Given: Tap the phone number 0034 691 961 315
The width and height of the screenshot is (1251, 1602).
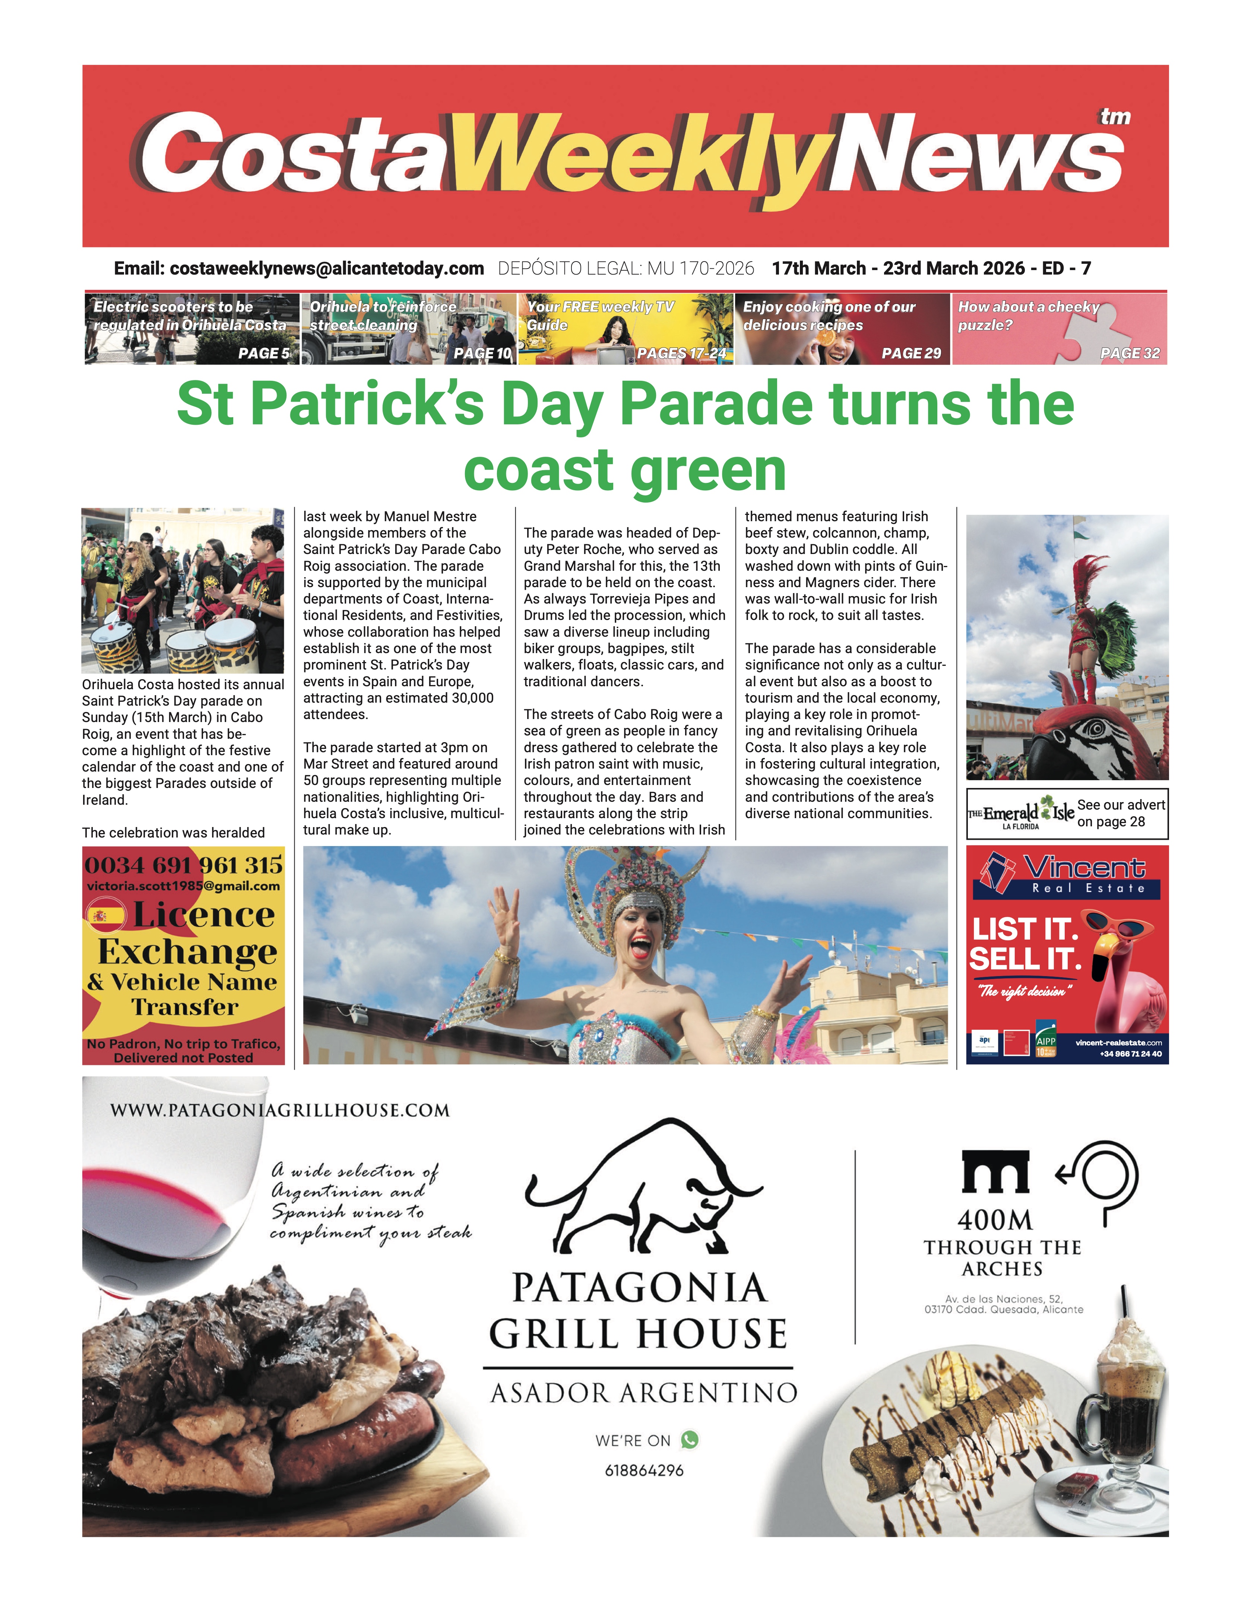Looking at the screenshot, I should pyautogui.click(x=183, y=865).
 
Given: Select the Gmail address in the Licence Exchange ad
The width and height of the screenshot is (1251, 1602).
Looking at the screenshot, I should pyautogui.click(x=183, y=886).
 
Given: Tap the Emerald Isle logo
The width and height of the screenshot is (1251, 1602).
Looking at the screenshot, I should pyautogui.click(x=1021, y=814).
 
